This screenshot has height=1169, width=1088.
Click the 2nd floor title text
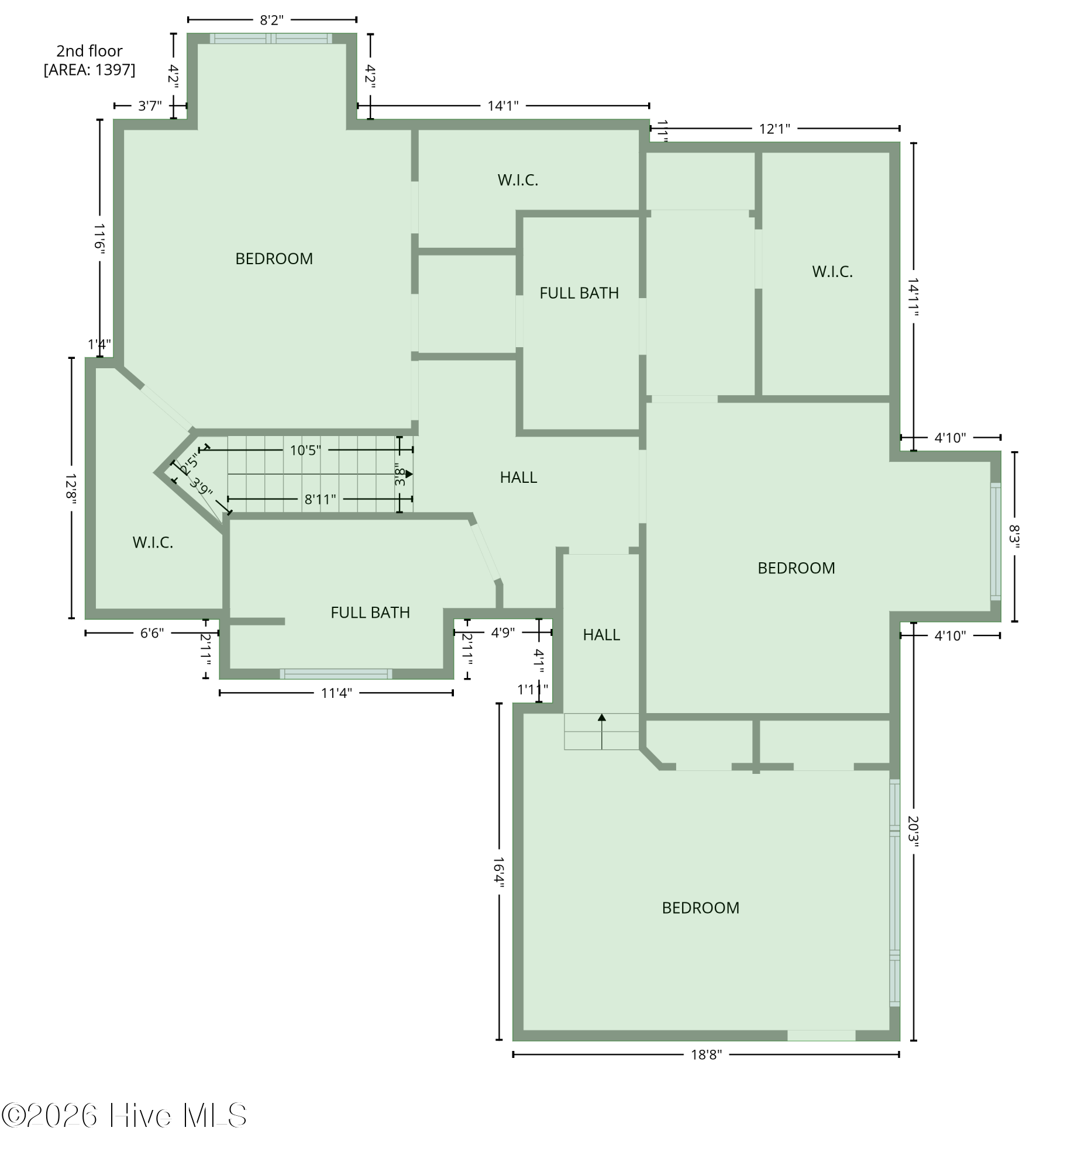89,51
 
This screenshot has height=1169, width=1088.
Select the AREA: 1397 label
89,70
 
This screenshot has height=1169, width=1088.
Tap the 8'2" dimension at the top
271,20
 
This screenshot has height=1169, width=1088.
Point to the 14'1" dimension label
502,106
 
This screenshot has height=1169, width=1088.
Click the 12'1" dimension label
774,129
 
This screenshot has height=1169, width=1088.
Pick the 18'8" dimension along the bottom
705,1055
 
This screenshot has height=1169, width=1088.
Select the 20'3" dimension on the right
913,832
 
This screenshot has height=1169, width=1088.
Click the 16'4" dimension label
498,873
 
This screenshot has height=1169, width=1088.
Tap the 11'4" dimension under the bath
336,693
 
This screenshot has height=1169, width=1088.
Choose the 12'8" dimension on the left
71,487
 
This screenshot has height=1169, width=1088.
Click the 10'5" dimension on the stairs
305,451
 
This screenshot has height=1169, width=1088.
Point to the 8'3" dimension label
1014,537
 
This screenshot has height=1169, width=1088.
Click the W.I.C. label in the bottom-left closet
153,543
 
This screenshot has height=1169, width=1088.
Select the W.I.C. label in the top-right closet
832,272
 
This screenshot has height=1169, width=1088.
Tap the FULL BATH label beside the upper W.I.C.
579,293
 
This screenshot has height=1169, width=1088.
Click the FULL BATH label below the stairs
370,613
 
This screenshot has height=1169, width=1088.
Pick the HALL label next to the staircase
518,478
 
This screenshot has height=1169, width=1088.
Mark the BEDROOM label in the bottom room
700,908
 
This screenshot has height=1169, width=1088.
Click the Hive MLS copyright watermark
124,1115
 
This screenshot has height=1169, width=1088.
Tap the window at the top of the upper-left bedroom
271,39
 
